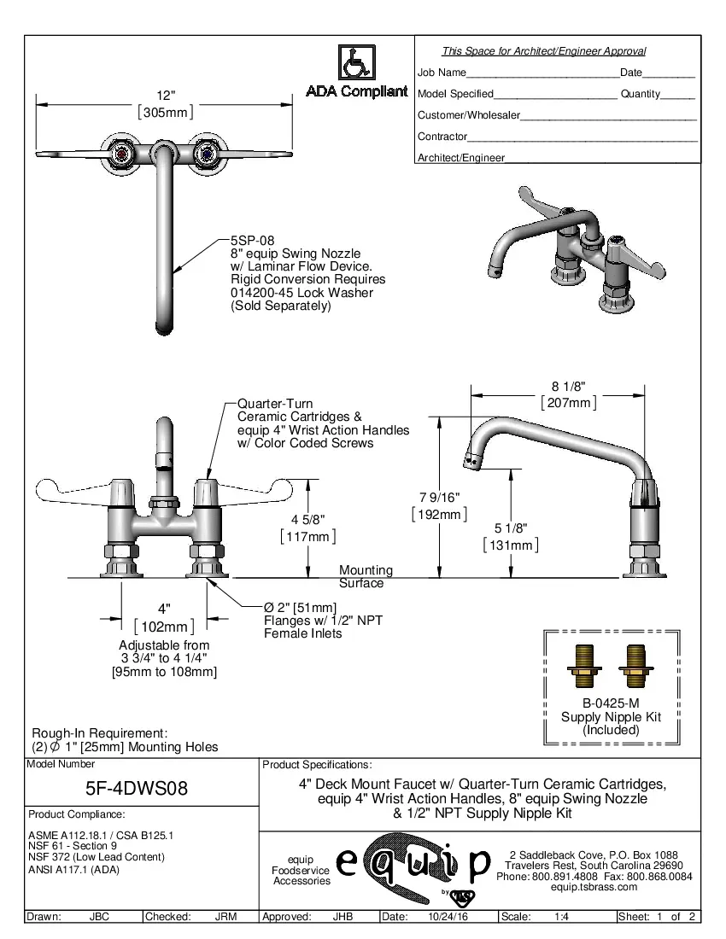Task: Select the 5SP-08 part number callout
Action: pyautogui.click(x=252, y=242)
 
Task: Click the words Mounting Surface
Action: pyautogui.click(x=366, y=576)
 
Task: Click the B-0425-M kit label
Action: pyautogui.click(x=610, y=704)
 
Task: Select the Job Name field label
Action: pyautogui.click(x=442, y=73)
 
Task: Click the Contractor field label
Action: pyautogui.click(x=442, y=137)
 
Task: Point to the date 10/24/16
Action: pyautogui.click(x=445, y=917)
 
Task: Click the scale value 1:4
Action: pyautogui.click(x=562, y=917)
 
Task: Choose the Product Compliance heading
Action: pyautogui.click(x=77, y=814)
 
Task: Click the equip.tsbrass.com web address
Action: pyautogui.click(x=594, y=887)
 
